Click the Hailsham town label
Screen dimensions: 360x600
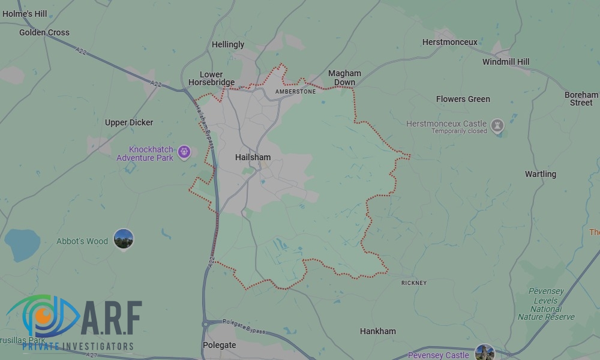253,157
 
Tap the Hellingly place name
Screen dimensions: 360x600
228,44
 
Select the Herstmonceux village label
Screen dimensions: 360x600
450,42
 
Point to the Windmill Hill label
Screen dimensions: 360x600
506,62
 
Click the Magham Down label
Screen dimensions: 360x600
344,77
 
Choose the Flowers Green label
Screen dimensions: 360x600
463,99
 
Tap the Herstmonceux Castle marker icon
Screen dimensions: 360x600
497,125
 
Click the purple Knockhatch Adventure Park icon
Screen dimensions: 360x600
184,151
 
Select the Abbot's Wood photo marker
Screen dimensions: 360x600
124,239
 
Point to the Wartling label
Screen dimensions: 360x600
541,174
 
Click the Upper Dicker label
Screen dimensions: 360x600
129,122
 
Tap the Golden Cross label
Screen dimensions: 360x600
44,32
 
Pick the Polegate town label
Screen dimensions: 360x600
220,345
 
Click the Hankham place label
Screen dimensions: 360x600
378,331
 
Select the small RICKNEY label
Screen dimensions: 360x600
414,283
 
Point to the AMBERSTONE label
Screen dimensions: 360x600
295,92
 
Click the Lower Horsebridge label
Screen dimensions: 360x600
211,79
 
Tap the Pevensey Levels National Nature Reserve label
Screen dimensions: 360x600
546,304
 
